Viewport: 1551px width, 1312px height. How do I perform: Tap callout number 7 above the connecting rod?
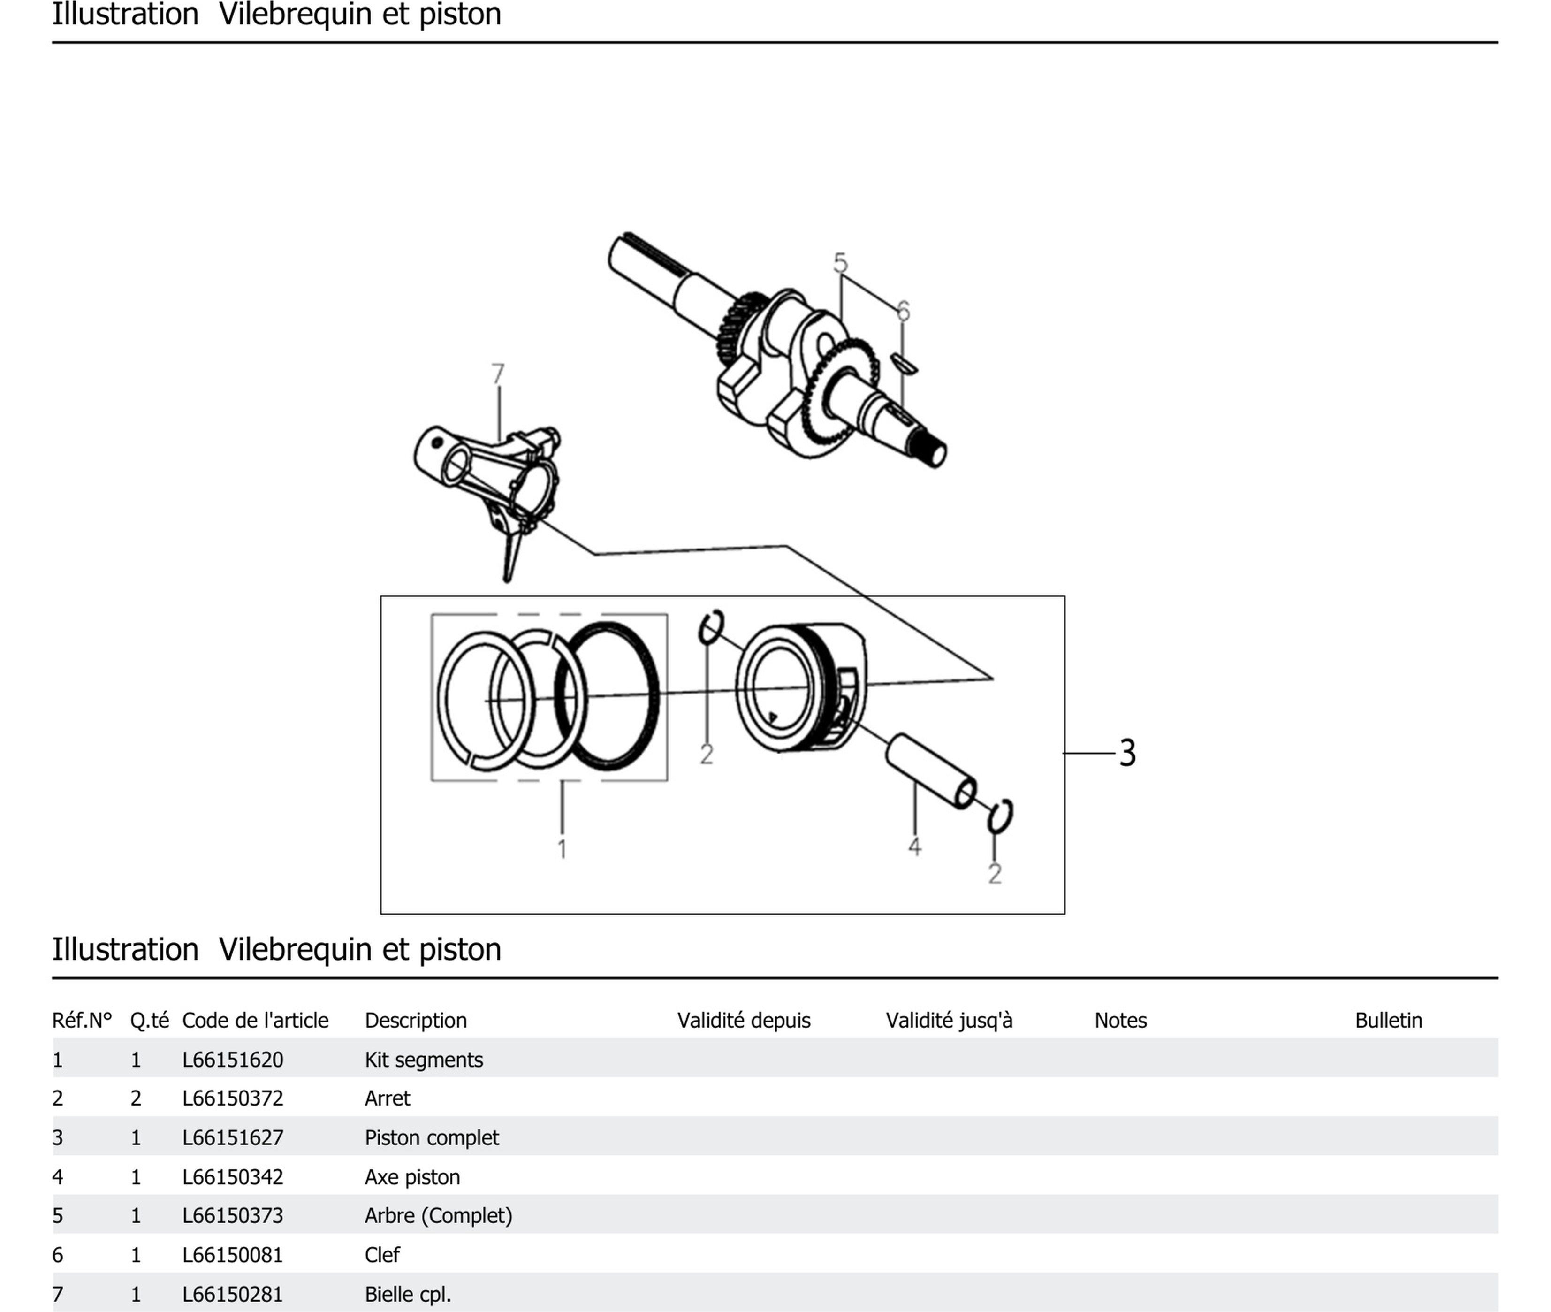pyautogui.click(x=497, y=374)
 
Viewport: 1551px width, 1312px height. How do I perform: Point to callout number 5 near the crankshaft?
pyautogui.click(x=840, y=263)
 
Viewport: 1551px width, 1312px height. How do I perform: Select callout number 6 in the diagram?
pyautogui.click(x=903, y=310)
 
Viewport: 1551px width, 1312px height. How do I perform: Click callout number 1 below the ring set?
pyautogui.click(x=562, y=849)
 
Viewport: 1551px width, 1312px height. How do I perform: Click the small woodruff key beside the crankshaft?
pyautogui.click(x=904, y=364)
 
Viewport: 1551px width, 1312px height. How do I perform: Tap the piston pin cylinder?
pyautogui.click(x=929, y=770)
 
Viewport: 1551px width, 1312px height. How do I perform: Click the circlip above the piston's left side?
pyautogui.click(x=711, y=627)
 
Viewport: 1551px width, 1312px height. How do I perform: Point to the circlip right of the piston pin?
pyautogui.click(x=1000, y=816)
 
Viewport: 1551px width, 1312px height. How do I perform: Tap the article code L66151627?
pyautogui.click(x=233, y=1137)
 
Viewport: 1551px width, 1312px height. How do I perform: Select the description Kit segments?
pyautogui.click(x=423, y=1059)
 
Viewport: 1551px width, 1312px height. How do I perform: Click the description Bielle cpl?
pyautogui.click(x=407, y=1294)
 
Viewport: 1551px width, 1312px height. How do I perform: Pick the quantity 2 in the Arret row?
pyautogui.click(x=135, y=1098)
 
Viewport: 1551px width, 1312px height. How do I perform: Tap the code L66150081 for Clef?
pyautogui.click(x=233, y=1255)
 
